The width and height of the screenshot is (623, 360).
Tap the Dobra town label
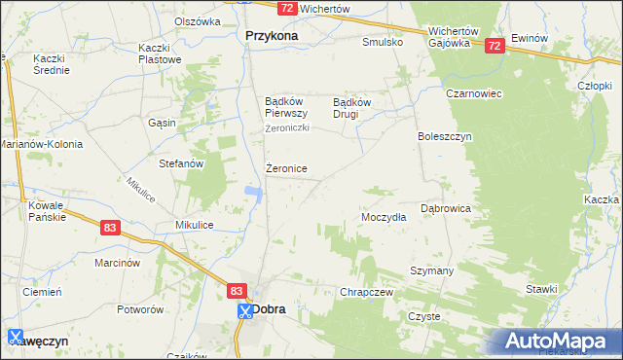tap(269, 309)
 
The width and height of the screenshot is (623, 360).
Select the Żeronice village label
tap(287, 168)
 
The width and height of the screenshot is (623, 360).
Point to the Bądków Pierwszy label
tap(287, 106)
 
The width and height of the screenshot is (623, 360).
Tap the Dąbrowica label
tap(446, 208)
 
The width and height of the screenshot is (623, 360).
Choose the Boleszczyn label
tap(444, 137)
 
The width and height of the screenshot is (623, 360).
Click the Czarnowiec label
tap(447, 94)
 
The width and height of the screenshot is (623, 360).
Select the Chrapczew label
tap(365, 292)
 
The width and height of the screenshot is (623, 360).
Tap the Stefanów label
tap(181, 163)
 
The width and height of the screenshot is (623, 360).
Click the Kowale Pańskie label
tap(47, 211)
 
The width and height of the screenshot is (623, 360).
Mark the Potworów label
tap(139, 309)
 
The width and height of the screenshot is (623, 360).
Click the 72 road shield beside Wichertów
tap(286, 8)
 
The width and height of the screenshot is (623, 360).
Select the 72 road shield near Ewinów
tap(495, 45)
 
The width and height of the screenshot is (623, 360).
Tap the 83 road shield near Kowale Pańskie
tap(109, 227)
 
